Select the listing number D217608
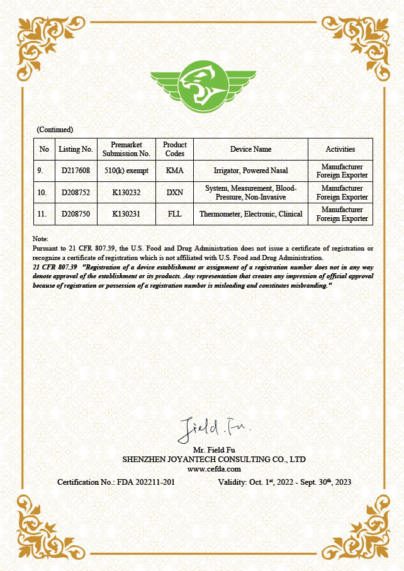(x=76, y=171)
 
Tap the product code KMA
(x=174, y=171)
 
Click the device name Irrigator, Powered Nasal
(x=250, y=171)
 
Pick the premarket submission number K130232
(x=126, y=193)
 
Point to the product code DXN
(x=174, y=193)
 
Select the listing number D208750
(x=76, y=214)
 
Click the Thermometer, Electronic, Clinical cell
(x=250, y=214)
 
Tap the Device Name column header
(x=250, y=149)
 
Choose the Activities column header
(x=340, y=149)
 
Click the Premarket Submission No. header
(x=126, y=149)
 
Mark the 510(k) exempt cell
(x=126, y=171)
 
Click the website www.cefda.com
(x=214, y=469)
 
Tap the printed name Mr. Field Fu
(x=214, y=450)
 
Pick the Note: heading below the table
(x=40, y=239)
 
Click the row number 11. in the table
(x=42, y=214)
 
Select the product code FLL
(x=174, y=214)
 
